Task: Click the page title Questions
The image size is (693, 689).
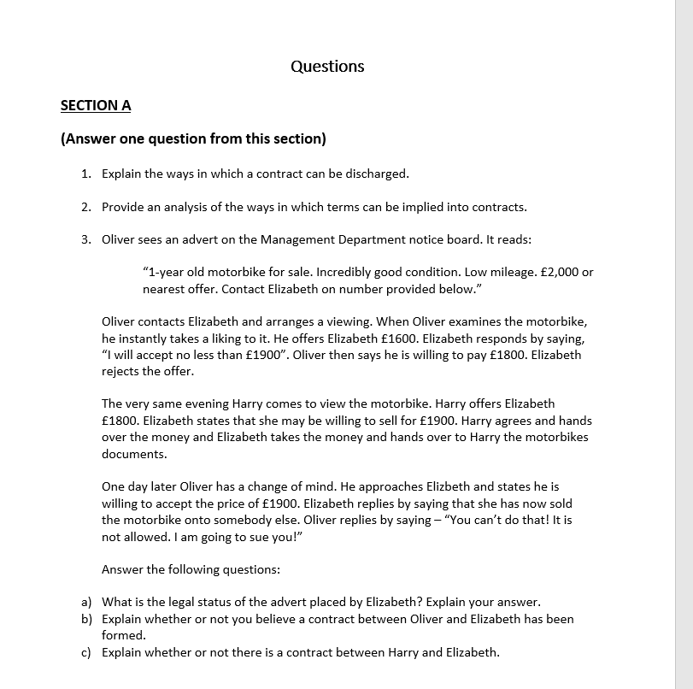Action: point(327,67)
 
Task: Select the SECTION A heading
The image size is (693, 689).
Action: point(96,105)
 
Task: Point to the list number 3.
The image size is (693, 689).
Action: point(86,239)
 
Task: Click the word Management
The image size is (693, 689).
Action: point(297,239)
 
